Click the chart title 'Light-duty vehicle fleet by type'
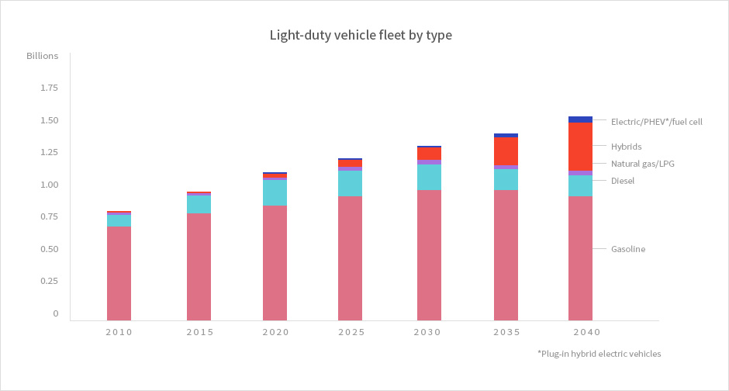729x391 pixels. [360, 35]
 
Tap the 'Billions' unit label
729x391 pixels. [42, 57]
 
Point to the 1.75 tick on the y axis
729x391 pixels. [48, 88]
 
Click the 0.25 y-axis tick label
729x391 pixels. [48, 281]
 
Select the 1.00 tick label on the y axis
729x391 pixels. [48, 185]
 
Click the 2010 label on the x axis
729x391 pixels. [119, 332]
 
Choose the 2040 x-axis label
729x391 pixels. [580, 332]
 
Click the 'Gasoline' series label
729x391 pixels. [628, 249]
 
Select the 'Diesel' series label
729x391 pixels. [622, 181]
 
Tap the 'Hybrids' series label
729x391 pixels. [626, 147]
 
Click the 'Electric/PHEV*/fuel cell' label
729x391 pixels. [656, 122]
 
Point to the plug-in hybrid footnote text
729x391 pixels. [599, 354]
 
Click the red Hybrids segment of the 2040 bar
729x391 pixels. [580, 146]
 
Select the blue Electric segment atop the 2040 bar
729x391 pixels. [580, 119]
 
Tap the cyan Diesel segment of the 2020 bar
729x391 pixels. [275, 192]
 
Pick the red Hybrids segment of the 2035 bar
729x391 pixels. [506, 151]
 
